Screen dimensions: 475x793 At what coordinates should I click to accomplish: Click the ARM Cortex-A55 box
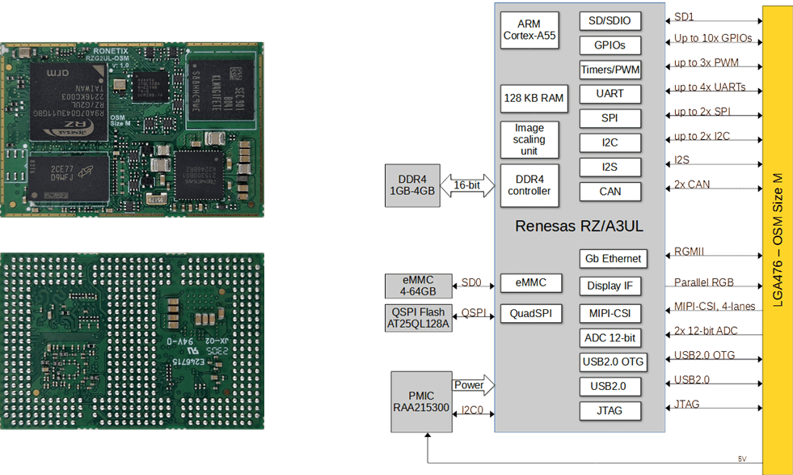click(x=529, y=30)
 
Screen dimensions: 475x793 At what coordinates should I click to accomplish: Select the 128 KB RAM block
click(x=533, y=98)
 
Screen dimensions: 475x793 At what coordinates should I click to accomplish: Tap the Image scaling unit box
click(x=529, y=139)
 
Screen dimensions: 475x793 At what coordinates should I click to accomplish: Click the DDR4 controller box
click(x=529, y=184)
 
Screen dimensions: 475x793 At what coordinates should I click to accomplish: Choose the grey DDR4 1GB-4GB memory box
click(x=412, y=184)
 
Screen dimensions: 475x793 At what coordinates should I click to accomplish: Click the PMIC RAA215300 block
click(x=420, y=401)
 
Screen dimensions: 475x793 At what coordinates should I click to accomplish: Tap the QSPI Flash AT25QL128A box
click(x=417, y=318)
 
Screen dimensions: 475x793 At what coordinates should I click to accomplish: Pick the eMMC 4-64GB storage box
click(x=417, y=286)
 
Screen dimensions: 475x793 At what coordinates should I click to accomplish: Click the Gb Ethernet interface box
click(x=612, y=259)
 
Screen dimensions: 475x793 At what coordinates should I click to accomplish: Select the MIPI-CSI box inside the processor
click(x=610, y=313)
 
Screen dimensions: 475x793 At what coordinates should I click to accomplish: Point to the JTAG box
click(x=610, y=410)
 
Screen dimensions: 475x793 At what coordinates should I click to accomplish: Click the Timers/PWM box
click(x=610, y=70)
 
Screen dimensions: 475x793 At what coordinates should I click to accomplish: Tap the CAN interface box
click(x=610, y=192)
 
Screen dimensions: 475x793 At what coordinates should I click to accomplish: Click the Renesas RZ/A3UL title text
click(x=579, y=227)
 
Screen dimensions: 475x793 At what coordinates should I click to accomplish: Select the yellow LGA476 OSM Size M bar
click(x=777, y=235)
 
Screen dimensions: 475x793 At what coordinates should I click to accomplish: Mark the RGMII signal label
click(x=689, y=252)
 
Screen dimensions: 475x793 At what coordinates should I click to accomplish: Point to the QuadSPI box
click(x=530, y=313)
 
